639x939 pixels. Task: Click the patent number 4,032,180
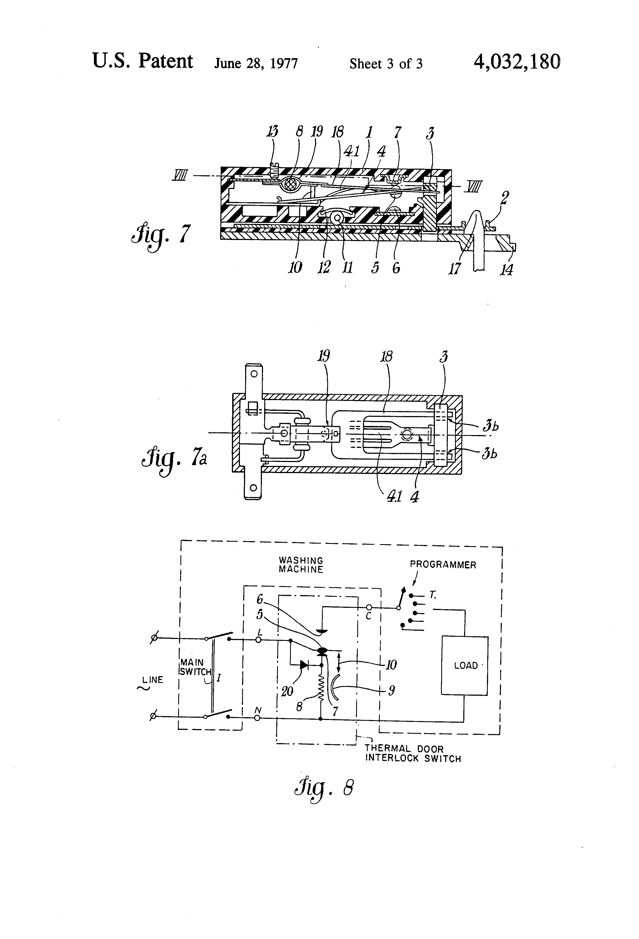[x=517, y=62]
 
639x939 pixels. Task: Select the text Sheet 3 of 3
[x=386, y=63]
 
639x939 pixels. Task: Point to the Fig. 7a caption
[x=174, y=461]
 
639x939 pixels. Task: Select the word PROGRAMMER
[x=443, y=565]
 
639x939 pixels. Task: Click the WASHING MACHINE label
[x=301, y=565]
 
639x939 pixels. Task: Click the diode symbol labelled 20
[x=304, y=665]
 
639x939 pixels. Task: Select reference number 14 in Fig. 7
[x=507, y=269]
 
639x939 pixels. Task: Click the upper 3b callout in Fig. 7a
[x=490, y=426]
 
